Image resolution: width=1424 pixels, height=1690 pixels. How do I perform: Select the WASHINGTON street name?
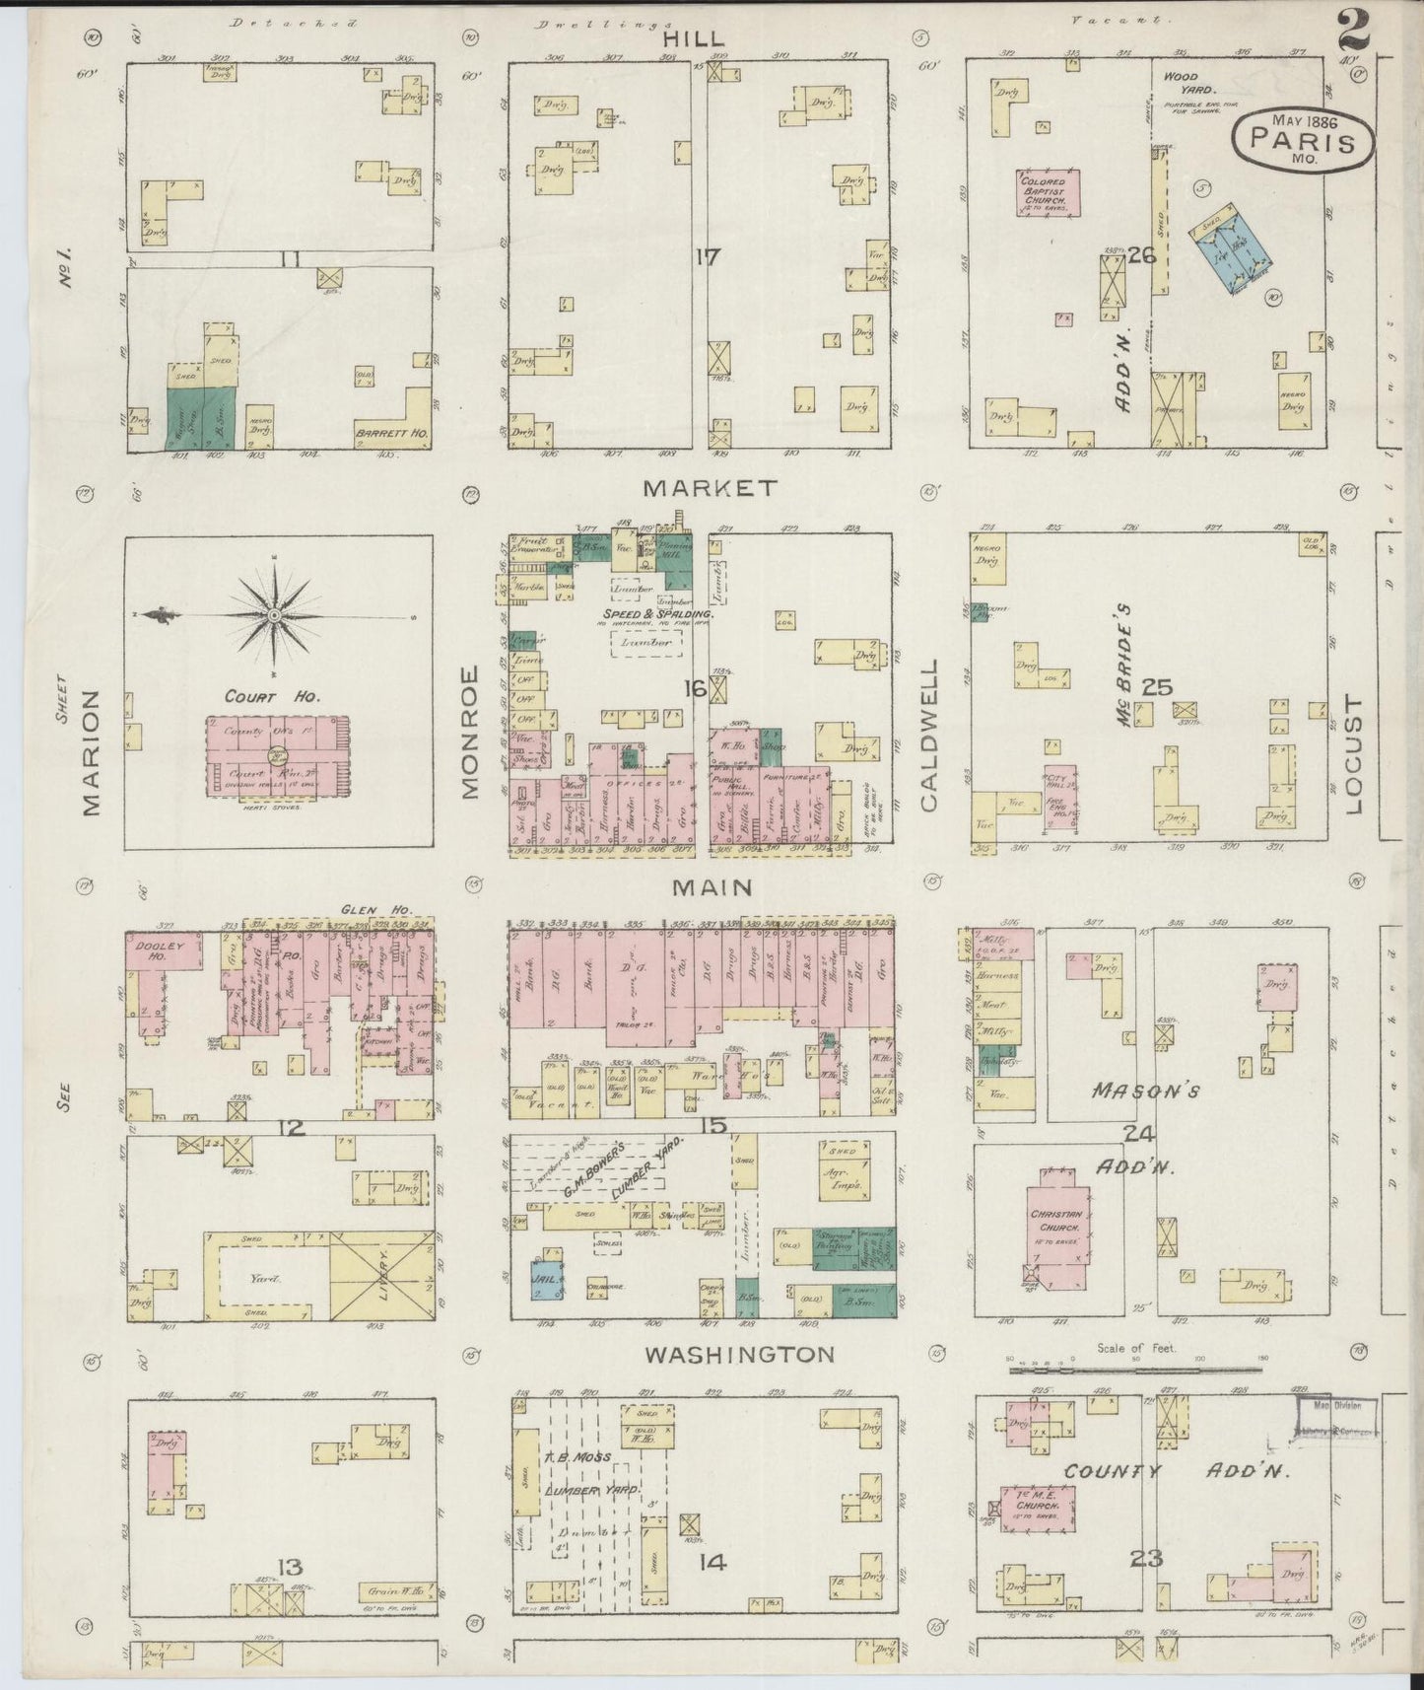point(739,1354)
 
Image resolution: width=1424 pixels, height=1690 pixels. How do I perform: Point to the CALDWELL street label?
point(929,735)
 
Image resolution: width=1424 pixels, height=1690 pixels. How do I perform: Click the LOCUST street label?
point(1351,754)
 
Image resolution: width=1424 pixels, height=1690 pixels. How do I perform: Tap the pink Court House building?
point(277,756)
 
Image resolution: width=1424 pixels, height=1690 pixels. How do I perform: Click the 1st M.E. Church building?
point(1037,1510)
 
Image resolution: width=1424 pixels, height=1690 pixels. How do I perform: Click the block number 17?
point(707,258)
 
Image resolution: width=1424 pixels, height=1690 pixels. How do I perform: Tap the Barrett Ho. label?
point(383,431)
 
